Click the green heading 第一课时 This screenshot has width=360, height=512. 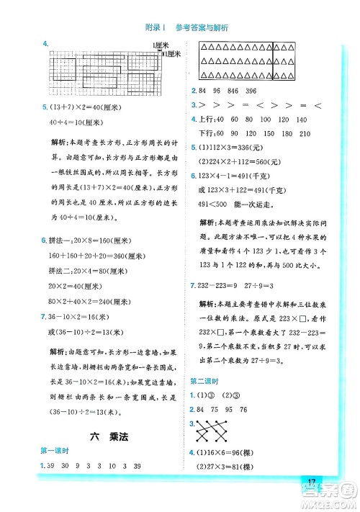pyautogui.click(x=55, y=450)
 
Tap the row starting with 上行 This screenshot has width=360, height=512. pyautogui.click(x=249, y=120)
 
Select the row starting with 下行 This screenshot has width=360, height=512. pyautogui.click(x=249, y=134)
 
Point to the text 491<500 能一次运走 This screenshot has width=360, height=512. pyautogui.click(x=233, y=204)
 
